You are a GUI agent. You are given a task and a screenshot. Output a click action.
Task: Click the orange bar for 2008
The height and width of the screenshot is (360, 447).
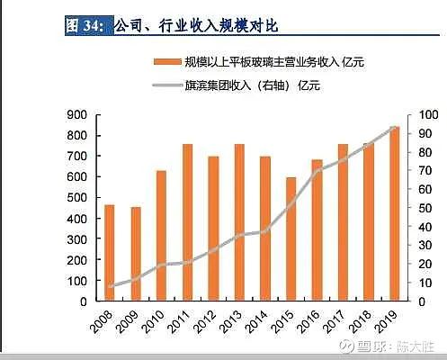(110, 253)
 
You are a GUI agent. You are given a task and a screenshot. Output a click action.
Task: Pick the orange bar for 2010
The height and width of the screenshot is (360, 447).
(162, 236)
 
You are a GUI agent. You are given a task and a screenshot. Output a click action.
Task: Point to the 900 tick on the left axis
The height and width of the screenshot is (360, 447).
(76, 114)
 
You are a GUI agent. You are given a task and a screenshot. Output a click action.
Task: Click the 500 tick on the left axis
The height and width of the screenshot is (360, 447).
(76, 197)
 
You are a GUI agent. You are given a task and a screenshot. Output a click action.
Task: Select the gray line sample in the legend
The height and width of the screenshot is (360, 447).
(165, 86)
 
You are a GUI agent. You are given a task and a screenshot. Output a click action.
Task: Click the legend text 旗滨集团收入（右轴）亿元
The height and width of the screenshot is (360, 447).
(252, 86)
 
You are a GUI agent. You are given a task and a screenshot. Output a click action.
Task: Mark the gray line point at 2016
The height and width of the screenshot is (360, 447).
(317, 172)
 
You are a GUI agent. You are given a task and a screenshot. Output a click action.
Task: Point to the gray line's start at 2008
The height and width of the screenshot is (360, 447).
(110, 287)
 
